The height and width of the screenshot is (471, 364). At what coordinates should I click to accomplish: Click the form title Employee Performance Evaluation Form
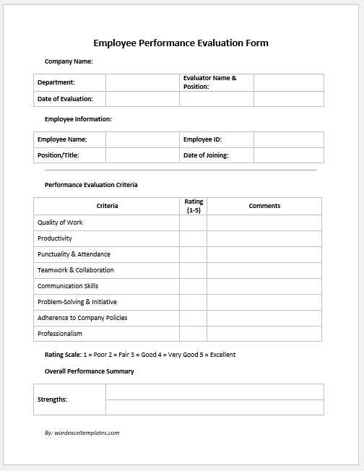click(x=181, y=43)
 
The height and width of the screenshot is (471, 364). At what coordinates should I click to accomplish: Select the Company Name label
click(x=69, y=62)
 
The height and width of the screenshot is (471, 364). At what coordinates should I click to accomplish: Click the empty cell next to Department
click(x=142, y=82)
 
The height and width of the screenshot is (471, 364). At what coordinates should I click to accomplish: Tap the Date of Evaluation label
click(x=66, y=99)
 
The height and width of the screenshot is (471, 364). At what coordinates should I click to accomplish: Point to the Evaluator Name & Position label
click(x=210, y=82)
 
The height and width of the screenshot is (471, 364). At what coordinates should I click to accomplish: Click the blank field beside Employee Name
click(x=142, y=139)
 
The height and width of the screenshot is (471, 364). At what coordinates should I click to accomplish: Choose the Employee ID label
click(x=202, y=139)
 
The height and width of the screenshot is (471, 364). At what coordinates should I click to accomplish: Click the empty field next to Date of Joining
click(x=288, y=155)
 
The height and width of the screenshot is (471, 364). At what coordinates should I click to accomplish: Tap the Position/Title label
click(x=58, y=155)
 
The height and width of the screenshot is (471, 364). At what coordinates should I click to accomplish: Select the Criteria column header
click(x=107, y=206)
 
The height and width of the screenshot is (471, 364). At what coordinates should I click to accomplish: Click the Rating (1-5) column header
click(x=194, y=206)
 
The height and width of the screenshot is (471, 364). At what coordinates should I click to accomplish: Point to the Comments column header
click(x=264, y=206)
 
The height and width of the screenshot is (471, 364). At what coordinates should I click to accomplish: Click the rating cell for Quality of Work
click(x=194, y=222)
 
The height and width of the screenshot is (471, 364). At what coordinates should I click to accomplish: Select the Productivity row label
click(x=55, y=238)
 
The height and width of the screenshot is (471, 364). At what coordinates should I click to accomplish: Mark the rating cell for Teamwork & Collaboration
click(x=194, y=270)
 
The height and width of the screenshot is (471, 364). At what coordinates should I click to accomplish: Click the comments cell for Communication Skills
click(x=264, y=286)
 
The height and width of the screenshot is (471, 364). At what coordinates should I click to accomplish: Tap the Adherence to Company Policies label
click(x=82, y=318)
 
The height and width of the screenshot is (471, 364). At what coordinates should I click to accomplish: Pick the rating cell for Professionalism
click(x=194, y=334)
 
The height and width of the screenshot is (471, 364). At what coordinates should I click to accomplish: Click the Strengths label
click(x=53, y=399)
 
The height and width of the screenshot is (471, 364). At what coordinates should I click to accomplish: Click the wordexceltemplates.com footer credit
click(x=82, y=433)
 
